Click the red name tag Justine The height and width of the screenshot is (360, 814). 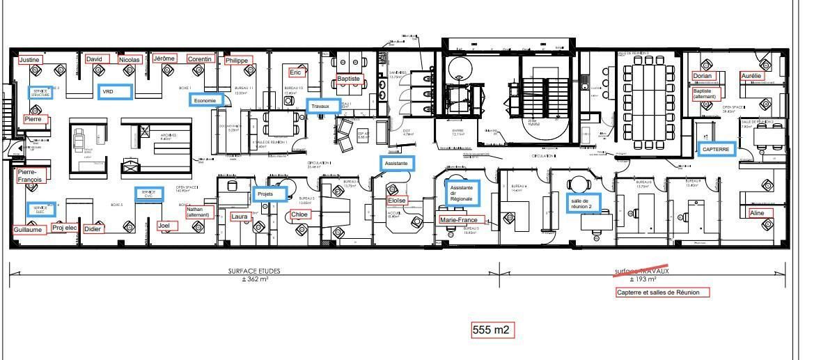coord(30,60)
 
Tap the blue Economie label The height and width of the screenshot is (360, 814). coord(206,100)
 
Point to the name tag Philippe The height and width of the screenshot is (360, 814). coord(237,61)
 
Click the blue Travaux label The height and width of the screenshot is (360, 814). coord(323,106)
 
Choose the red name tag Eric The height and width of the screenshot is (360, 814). coord(296,72)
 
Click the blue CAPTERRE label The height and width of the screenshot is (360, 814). coord(717,149)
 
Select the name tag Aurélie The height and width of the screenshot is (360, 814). coord(751,75)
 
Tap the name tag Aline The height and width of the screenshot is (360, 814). coord(756,213)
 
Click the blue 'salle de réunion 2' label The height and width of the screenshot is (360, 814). coord(584,203)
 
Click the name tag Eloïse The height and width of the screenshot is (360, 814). coord(397,201)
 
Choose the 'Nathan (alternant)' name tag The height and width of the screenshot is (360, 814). coord(198,212)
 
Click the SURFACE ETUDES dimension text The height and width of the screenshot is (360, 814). coord(253,273)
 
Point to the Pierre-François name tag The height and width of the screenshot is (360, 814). coord(31,175)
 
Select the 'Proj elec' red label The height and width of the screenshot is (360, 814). coord(65,228)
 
